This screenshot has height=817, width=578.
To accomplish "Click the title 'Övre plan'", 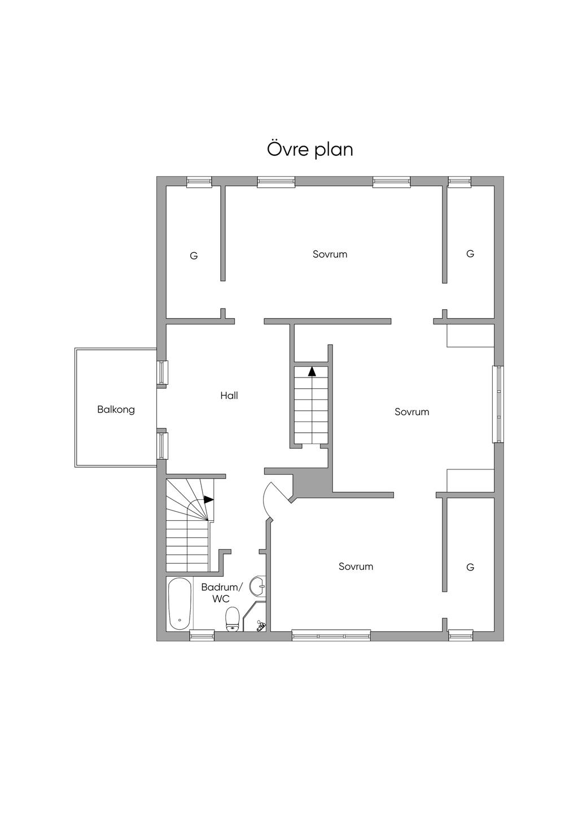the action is tap(310, 149).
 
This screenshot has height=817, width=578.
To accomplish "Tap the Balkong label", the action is tap(116, 410).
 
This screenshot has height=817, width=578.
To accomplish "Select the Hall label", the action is tap(229, 396).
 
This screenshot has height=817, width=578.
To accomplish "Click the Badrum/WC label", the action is tap(221, 593).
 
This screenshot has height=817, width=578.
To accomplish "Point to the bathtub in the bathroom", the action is tap(179, 603).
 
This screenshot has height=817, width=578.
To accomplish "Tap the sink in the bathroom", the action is tap(258, 587).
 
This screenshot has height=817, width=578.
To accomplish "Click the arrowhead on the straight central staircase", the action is tap(312, 371).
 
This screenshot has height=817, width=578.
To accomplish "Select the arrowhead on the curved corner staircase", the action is tap(208, 500).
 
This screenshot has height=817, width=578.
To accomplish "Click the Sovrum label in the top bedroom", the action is tap(330, 254).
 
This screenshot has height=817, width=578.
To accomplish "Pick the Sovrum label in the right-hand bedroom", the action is tap(412, 412).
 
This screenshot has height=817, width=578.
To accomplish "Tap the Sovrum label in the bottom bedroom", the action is tap(356, 566).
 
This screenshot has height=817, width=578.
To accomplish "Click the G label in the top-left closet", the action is tap(194, 256).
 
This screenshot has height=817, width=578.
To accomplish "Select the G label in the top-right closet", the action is tap(470, 253).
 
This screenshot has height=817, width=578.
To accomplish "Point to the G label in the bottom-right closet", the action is tap(470, 567).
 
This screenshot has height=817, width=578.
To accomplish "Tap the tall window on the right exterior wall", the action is tap(498, 404).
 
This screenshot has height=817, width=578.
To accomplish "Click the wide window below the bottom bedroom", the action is tap(331, 635).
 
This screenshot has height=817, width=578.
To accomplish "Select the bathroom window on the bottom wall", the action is tap(202, 635).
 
